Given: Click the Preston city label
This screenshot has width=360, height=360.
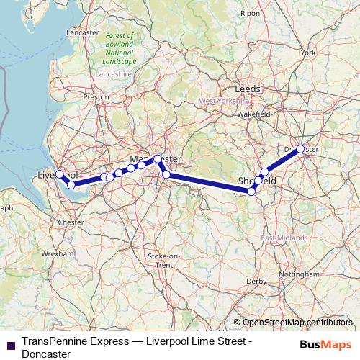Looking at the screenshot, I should tap(96, 96).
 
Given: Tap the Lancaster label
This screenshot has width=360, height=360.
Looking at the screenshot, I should tap(82, 33).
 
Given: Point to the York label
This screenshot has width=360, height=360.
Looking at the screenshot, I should tap(308, 53).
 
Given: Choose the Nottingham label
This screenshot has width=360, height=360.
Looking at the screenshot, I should tap(300, 274).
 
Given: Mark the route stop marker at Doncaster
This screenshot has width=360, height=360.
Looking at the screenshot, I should tap(300, 149).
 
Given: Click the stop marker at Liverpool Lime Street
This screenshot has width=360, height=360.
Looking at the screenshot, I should tap(60, 174).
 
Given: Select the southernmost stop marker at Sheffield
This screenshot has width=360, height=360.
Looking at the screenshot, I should tap(251, 192).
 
